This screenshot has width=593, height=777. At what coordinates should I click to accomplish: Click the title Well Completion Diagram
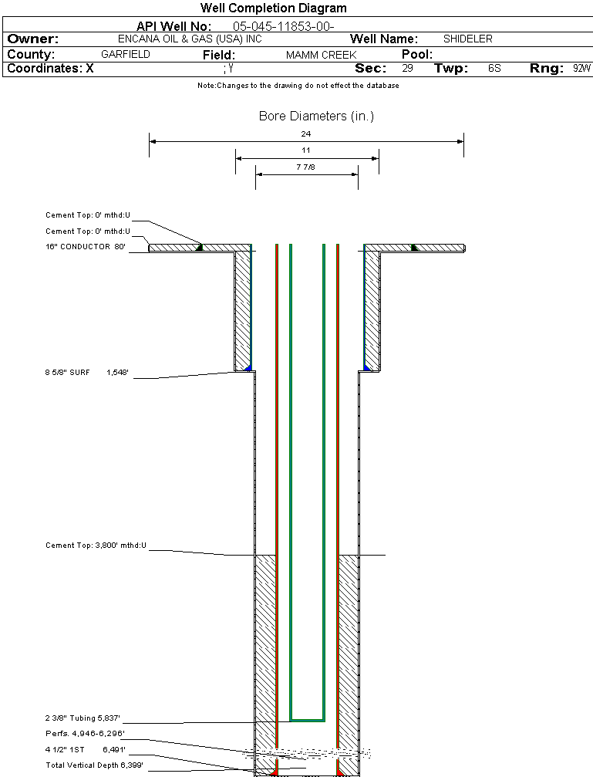[x=273, y=8]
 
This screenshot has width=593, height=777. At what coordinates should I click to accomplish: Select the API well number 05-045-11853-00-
[x=283, y=26]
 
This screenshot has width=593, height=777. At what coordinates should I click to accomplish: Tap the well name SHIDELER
[x=467, y=39]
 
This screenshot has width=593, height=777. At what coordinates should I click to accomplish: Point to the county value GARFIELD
[x=126, y=55]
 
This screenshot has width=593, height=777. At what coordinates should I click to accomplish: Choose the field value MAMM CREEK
[x=321, y=56]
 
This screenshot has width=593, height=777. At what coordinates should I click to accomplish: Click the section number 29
[x=407, y=69]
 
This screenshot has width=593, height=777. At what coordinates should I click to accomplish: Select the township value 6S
[x=494, y=69]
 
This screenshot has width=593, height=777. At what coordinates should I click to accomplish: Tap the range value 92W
[x=581, y=69]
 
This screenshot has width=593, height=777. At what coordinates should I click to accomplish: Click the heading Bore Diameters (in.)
[x=316, y=117]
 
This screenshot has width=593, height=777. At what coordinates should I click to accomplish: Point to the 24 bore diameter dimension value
[x=306, y=133]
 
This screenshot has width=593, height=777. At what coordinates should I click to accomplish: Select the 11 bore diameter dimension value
[x=306, y=150]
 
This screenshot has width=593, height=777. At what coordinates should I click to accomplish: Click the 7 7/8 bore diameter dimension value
[x=306, y=166]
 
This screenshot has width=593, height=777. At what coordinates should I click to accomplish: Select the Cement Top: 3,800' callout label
[x=96, y=546]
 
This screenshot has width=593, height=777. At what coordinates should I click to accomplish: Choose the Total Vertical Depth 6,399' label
[x=94, y=765]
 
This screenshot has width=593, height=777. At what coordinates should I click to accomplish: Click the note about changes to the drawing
[x=298, y=86]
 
